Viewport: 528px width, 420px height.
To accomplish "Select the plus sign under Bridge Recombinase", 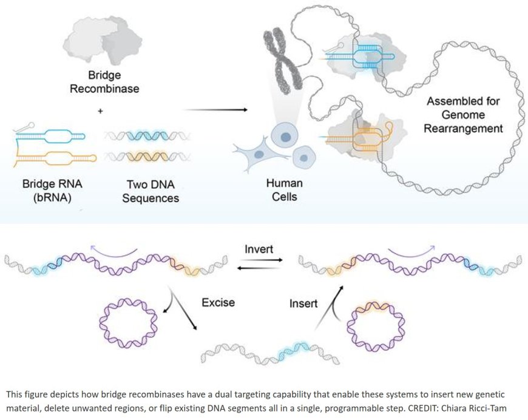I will pos(101,111).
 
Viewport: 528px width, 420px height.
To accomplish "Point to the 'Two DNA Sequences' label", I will pos(142,189).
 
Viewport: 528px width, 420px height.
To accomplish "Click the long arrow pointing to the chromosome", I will pos(215,110).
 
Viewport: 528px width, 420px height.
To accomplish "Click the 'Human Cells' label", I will pos(284,189).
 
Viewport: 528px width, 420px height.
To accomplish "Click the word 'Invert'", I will pos(259,249).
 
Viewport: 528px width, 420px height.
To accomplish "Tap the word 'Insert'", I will pos(303,303).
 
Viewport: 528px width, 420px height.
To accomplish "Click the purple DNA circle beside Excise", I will pos(126,322).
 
